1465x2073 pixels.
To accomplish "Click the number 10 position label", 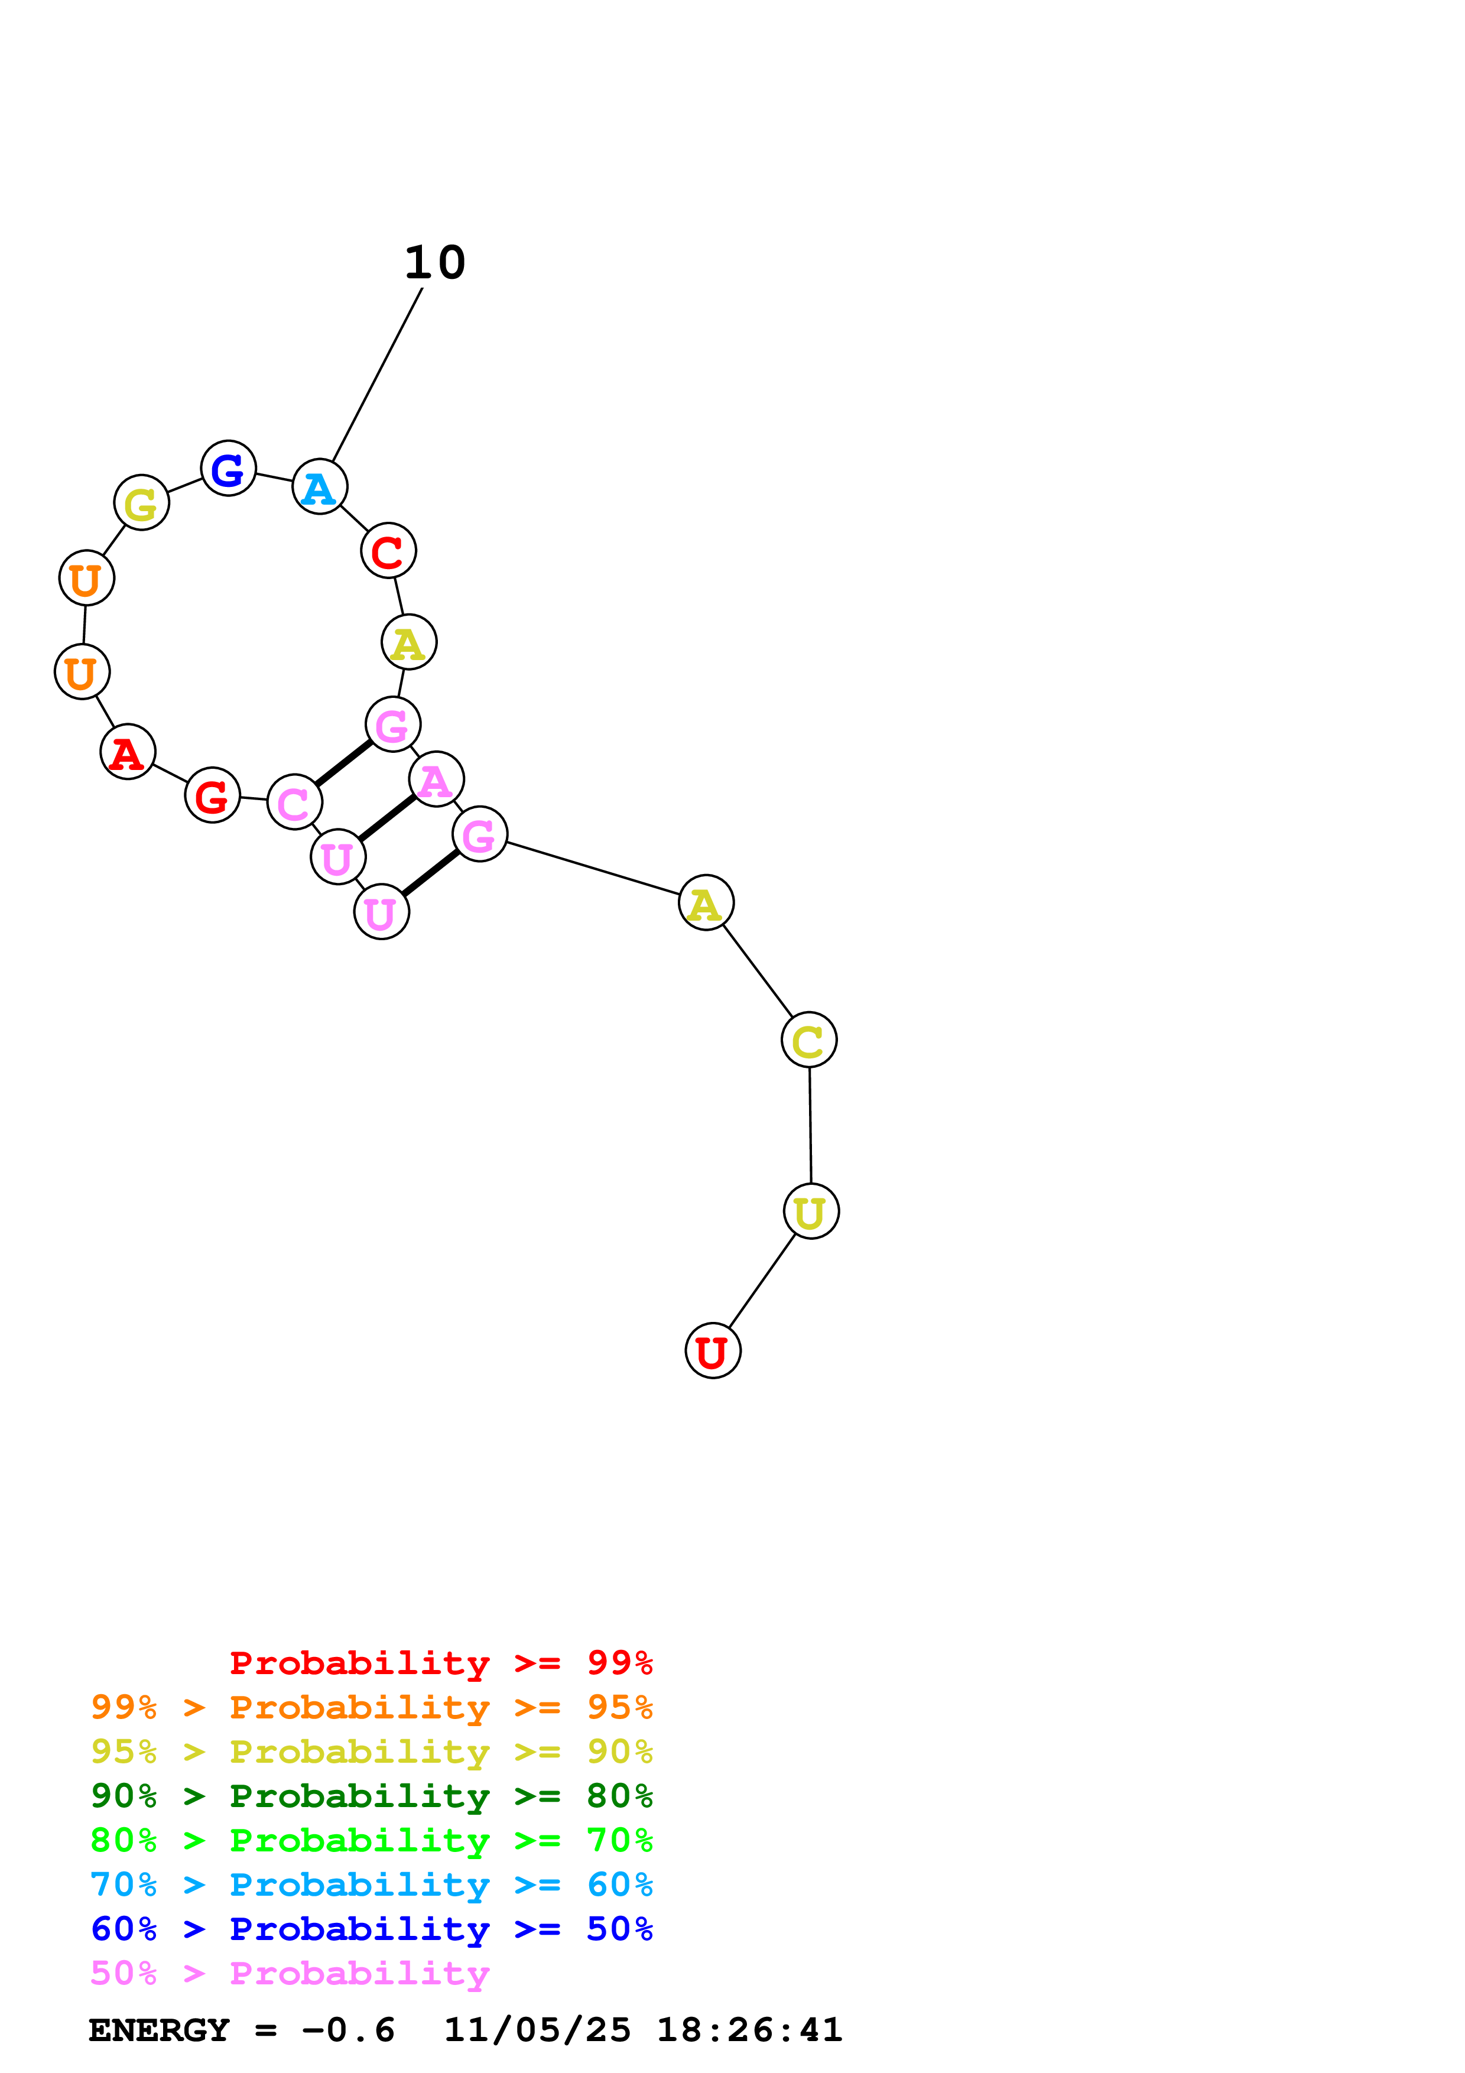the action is [434, 263].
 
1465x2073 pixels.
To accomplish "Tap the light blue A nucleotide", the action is [320, 487].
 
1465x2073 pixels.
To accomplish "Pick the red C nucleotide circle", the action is [388, 551].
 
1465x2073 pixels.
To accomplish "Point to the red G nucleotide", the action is [212, 795].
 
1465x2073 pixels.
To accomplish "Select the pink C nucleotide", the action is [294, 802].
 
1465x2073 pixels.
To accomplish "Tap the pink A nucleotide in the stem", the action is [436, 779].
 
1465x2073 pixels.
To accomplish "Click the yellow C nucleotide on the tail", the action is [809, 1040].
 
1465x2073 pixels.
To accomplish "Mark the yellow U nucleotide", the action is [811, 1211].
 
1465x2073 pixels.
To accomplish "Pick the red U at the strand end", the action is [713, 1351].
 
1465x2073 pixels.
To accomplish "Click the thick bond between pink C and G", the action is [343, 763].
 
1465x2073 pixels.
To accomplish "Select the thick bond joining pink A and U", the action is [386, 817].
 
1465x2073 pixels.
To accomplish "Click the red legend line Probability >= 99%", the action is [440, 1663].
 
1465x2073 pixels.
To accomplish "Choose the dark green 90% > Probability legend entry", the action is [371, 1796].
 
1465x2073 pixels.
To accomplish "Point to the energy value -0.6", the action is [347, 2030].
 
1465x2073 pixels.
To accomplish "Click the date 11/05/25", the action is [537, 2030].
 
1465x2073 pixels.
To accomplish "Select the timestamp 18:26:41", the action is [749, 2030].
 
